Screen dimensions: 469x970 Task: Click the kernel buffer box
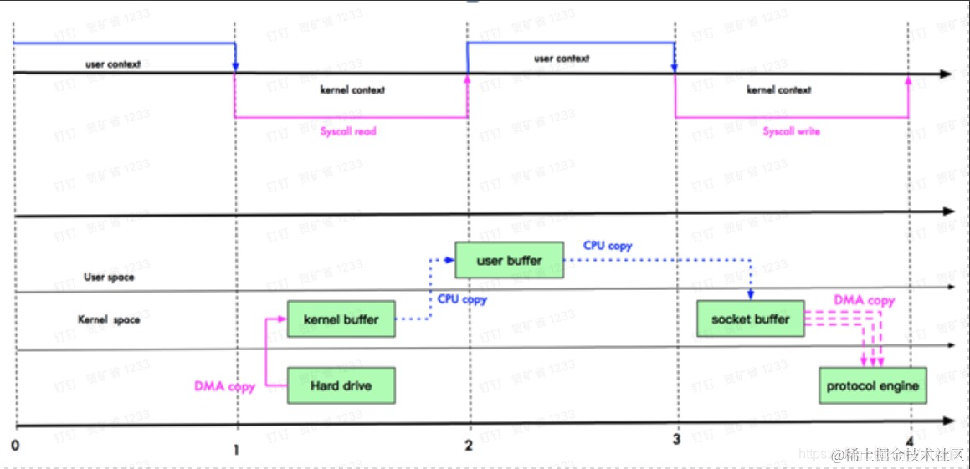tap(341, 319)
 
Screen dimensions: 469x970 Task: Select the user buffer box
tap(509, 261)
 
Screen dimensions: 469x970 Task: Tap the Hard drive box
tap(341, 385)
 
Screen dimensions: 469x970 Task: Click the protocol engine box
tap(873, 386)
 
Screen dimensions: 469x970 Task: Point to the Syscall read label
tap(348, 131)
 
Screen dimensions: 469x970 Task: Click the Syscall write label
tap(791, 131)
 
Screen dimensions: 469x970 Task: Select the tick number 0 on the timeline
tap(15, 446)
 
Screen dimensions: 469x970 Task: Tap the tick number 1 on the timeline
tap(236, 448)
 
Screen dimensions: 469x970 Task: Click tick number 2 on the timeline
tap(469, 446)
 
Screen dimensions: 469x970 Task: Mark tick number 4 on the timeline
tap(909, 441)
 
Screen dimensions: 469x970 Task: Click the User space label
tap(108, 277)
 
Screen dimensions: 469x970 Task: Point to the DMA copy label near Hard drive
tap(224, 386)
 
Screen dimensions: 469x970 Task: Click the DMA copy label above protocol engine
tap(864, 300)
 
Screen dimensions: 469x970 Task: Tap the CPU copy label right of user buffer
tap(608, 246)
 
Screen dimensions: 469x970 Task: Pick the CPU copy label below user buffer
tap(462, 298)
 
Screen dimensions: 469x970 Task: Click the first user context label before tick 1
tap(112, 64)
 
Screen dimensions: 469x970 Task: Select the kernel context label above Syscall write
tap(778, 89)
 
